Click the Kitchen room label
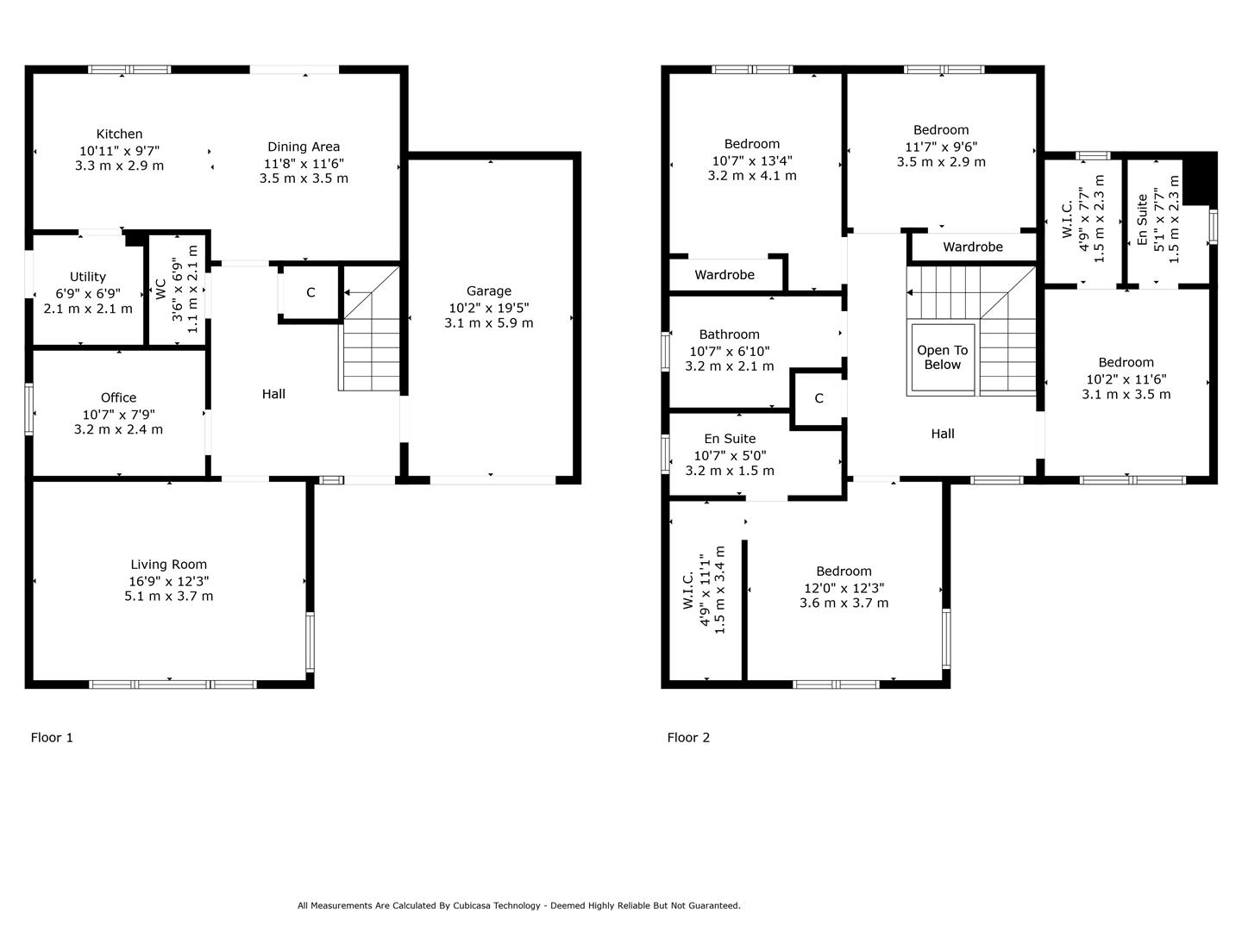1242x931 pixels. tap(119, 134)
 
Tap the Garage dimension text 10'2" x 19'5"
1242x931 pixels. tap(488, 307)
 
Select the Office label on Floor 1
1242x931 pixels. tap(118, 397)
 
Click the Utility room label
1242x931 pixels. tap(88, 277)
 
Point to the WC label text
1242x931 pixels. tap(160, 289)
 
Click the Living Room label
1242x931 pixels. tap(168, 565)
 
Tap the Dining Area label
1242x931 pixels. tap(303, 147)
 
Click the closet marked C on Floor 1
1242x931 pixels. tap(310, 293)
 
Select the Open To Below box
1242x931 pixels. tap(942, 358)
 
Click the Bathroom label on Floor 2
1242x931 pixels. tap(729, 334)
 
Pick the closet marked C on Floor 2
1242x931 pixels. tap(819, 398)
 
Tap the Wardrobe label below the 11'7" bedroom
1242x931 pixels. tap(972, 247)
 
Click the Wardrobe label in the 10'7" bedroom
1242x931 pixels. tap(724, 275)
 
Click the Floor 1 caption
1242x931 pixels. tap(52, 738)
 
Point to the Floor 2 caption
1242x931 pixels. tap(688, 738)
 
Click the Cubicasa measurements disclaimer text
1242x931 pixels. tap(518, 906)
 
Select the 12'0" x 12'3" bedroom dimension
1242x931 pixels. tap(843, 588)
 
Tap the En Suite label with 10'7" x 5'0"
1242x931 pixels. tap(729, 439)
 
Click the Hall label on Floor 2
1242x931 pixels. tap(942, 434)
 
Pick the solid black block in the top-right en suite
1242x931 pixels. tap(1198, 178)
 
